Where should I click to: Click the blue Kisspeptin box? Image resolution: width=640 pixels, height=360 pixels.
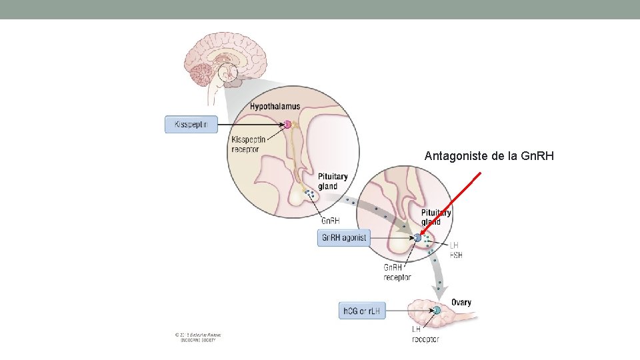pyautogui.click(x=191, y=124)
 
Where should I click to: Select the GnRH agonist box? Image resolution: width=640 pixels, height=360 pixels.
pyautogui.click(x=343, y=238)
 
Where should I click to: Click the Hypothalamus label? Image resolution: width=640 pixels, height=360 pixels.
pyautogui.click(x=275, y=107)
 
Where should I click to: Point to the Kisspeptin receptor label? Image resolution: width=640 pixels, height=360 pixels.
pyautogui.click(x=248, y=144)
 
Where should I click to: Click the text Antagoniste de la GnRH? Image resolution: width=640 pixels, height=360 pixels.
pyautogui.click(x=489, y=157)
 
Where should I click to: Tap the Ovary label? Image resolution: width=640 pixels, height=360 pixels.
pyautogui.click(x=461, y=303)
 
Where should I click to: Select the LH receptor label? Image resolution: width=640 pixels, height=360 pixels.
pyautogui.click(x=425, y=334)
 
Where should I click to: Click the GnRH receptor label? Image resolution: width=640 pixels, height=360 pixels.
pyautogui.click(x=397, y=272)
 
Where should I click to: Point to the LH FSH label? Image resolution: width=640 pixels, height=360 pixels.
pyautogui.click(x=456, y=250)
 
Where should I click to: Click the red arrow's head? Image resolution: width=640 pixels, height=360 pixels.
pyautogui.click(x=422, y=233)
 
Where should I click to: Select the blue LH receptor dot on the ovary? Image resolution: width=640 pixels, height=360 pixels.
pyautogui.click(x=437, y=310)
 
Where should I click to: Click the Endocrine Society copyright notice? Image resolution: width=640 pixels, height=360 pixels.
pyautogui.click(x=198, y=337)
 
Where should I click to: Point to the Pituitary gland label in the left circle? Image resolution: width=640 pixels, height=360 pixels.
pyautogui.click(x=333, y=181)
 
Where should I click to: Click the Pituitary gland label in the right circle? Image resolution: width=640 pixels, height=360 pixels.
pyautogui.click(x=436, y=217)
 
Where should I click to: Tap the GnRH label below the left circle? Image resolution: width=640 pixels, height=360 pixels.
pyautogui.click(x=330, y=221)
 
